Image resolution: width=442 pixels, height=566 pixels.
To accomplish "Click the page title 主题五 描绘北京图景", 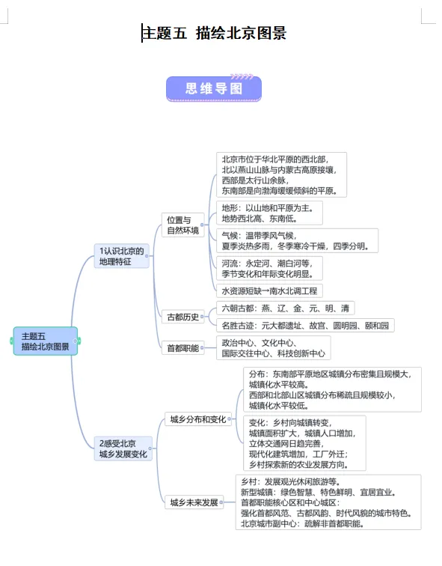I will coord(215,33).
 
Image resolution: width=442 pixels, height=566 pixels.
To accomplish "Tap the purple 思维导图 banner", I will coord(214,88).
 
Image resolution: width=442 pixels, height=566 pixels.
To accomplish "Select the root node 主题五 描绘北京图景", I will coord(45,341).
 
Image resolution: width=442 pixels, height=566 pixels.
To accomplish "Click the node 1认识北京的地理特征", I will coord(121,256).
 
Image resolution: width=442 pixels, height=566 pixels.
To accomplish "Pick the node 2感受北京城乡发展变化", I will coord(123,448).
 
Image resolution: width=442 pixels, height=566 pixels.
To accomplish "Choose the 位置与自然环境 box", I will coord(183,225).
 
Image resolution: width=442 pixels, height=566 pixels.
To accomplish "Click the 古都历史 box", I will coord(182,317).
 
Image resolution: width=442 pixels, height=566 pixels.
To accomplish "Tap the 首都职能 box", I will coord(182,347).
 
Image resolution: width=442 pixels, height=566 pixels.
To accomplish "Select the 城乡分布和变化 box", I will coord(197,419).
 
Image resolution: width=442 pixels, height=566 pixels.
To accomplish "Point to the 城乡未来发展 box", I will coord(194,502).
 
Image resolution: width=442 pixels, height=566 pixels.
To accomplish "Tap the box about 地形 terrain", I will coord(269,213).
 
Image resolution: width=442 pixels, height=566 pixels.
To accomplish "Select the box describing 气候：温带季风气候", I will coord(298,240).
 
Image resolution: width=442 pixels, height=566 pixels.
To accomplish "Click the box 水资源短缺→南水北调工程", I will coord(269,290).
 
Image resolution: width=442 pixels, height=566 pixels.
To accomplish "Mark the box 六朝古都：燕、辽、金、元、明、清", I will coord(285,308).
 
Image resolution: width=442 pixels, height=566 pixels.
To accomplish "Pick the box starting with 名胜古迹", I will coord(305,326).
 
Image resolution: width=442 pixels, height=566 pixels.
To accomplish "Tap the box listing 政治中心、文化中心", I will coord(273,347).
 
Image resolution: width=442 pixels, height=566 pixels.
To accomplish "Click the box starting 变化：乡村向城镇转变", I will coord(304,442).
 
